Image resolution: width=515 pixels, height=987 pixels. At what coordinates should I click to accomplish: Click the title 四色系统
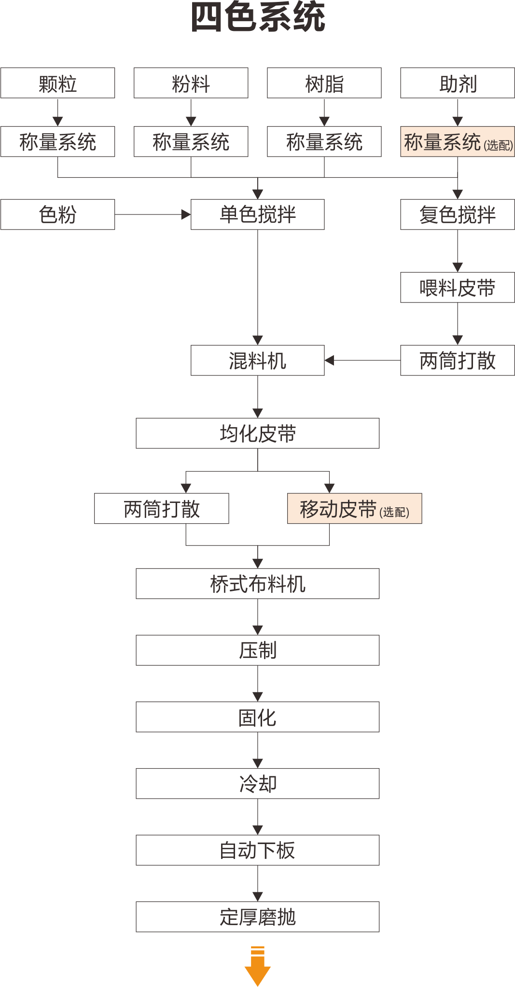pyautogui.click(x=258, y=17)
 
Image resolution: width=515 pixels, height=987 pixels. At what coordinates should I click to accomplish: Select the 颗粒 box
pyautogui.click(x=57, y=83)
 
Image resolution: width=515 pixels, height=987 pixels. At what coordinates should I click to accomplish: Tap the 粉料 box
pyautogui.click(x=191, y=83)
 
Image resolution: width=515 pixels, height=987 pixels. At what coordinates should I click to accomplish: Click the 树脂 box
pyautogui.click(x=324, y=83)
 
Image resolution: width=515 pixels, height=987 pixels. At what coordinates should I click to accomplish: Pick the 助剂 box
pyautogui.click(x=458, y=83)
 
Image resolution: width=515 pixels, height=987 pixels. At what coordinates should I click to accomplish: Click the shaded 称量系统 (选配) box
pyautogui.click(x=458, y=142)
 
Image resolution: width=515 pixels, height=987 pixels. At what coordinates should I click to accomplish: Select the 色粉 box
pyautogui.click(x=57, y=215)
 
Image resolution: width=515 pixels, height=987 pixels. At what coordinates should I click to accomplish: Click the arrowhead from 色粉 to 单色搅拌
pyautogui.click(x=186, y=215)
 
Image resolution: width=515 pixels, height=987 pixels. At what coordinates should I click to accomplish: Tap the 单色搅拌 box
pyautogui.click(x=258, y=215)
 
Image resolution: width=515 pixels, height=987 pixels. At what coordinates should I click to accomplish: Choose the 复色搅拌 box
pyautogui.click(x=458, y=215)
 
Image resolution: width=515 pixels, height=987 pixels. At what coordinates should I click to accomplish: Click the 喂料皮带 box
pyautogui.click(x=458, y=287)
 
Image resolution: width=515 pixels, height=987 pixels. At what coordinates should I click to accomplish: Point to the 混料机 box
pyautogui.click(x=258, y=360)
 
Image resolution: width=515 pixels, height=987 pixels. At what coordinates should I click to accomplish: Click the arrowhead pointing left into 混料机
pyautogui.click(x=330, y=360)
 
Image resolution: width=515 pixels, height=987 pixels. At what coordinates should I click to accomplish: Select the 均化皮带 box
pyautogui.click(x=258, y=433)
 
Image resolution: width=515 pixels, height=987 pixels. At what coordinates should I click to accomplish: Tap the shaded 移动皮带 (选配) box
pyautogui.click(x=355, y=509)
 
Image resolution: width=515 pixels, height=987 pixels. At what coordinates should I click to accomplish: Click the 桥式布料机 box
pyautogui.click(x=258, y=584)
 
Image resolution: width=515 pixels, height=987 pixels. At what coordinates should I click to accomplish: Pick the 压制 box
pyautogui.click(x=258, y=650)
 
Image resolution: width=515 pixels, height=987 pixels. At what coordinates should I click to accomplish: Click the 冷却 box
pyautogui.click(x=258, y=784)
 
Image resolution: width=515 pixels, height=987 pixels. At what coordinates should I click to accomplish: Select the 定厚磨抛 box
pyautogui.click(x=258, y=917)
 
